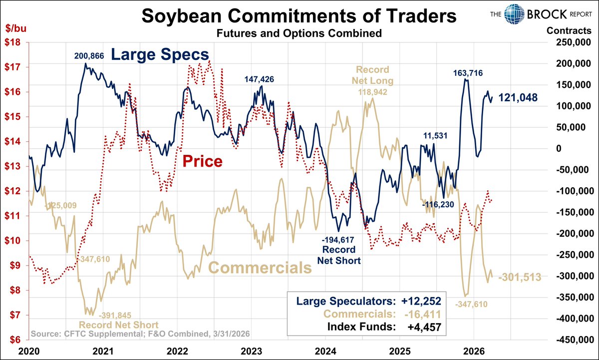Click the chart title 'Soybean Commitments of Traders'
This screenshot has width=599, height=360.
point(299,16)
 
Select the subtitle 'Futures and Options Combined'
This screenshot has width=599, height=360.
point(299,34)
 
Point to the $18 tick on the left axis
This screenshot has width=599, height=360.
point(13,42)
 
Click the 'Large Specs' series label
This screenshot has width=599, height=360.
point(159,54)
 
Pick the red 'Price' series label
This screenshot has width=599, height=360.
point(202,161)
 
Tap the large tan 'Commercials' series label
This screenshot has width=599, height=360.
point(260,268)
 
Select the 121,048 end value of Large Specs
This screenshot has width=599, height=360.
point(518,98)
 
